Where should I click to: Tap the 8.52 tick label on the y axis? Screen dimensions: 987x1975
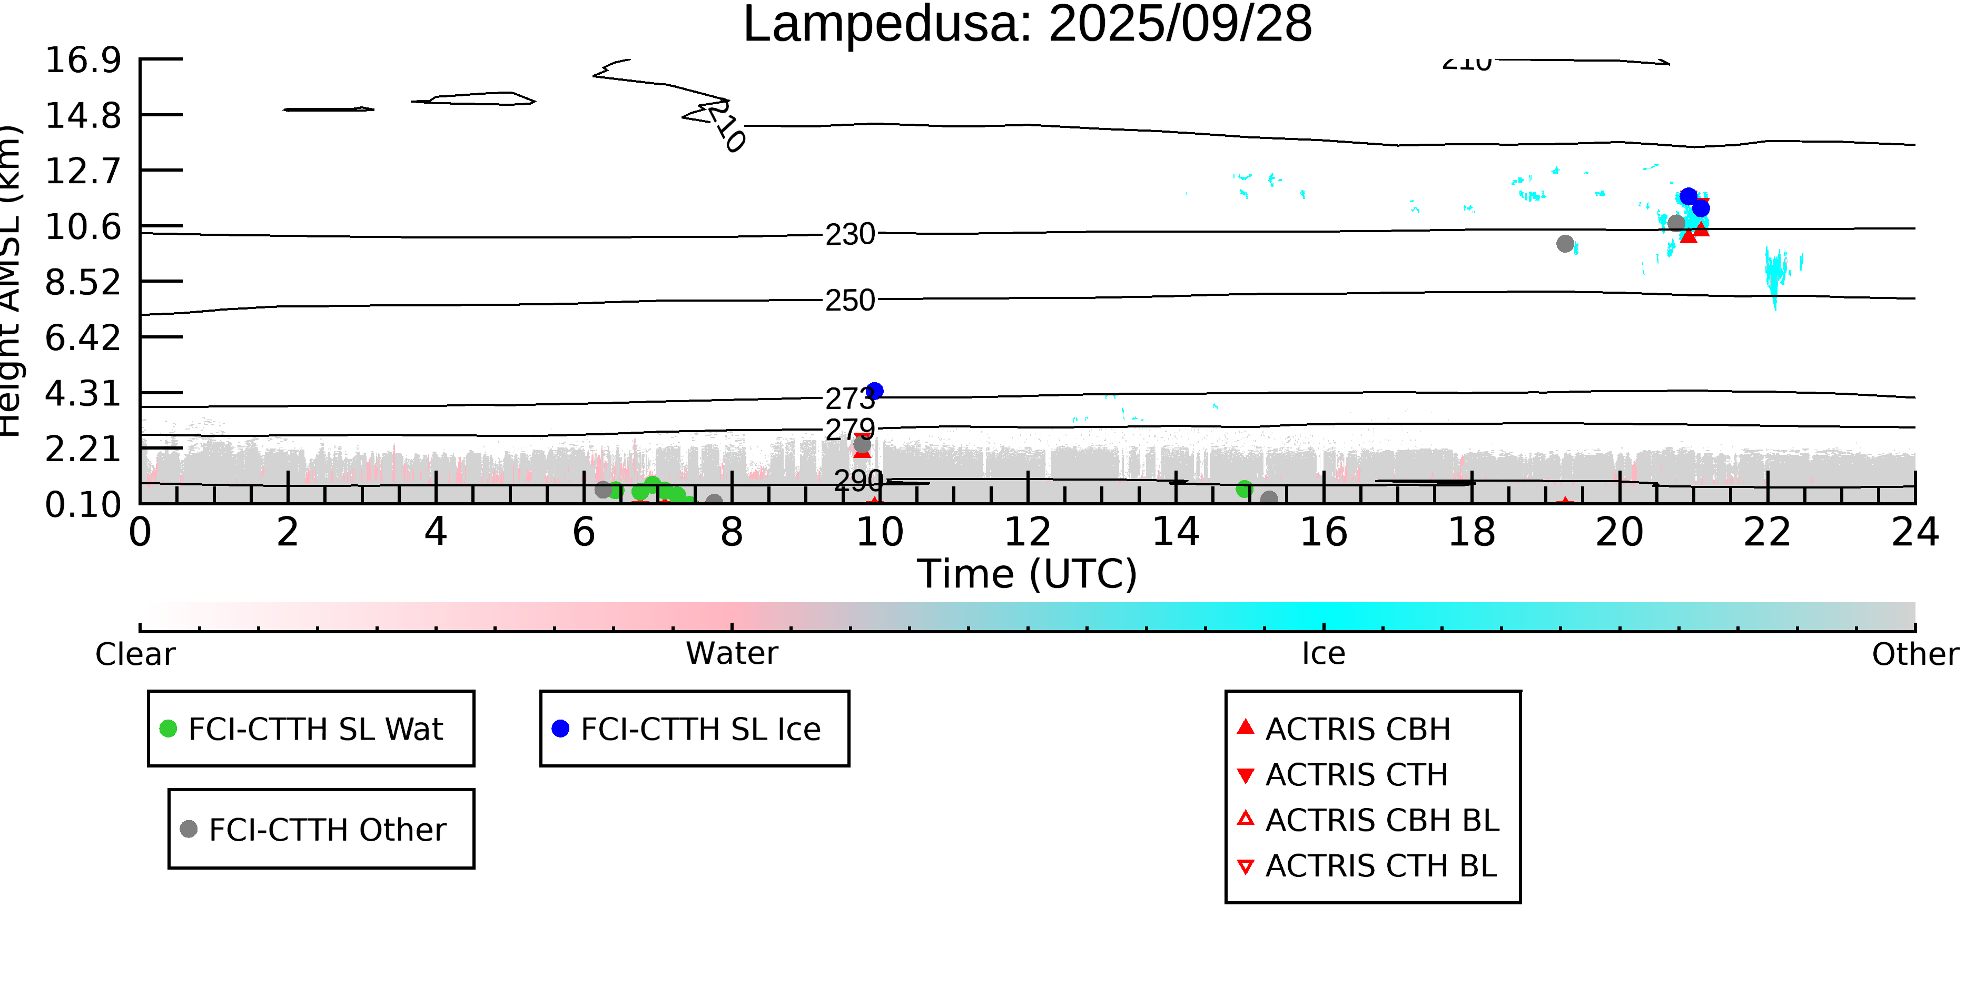83,283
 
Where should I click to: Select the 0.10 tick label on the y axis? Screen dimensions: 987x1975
83,505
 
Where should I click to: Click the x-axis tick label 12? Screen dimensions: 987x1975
1028,533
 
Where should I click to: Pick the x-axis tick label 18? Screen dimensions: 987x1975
1472,533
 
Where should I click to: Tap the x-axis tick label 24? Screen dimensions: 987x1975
1914,533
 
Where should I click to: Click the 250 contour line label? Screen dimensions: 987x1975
850,301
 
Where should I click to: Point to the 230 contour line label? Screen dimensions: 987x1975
850,234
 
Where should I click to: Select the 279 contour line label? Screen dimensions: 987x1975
850,430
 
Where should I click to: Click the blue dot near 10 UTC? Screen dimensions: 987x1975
875,391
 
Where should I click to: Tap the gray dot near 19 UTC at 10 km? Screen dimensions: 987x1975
1565,244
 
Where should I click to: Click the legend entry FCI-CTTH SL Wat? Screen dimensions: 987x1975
315,729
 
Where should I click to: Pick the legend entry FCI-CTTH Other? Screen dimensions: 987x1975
327,829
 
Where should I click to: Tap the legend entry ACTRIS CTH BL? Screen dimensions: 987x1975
1380,866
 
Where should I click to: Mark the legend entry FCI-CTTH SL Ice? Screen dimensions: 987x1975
700,729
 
